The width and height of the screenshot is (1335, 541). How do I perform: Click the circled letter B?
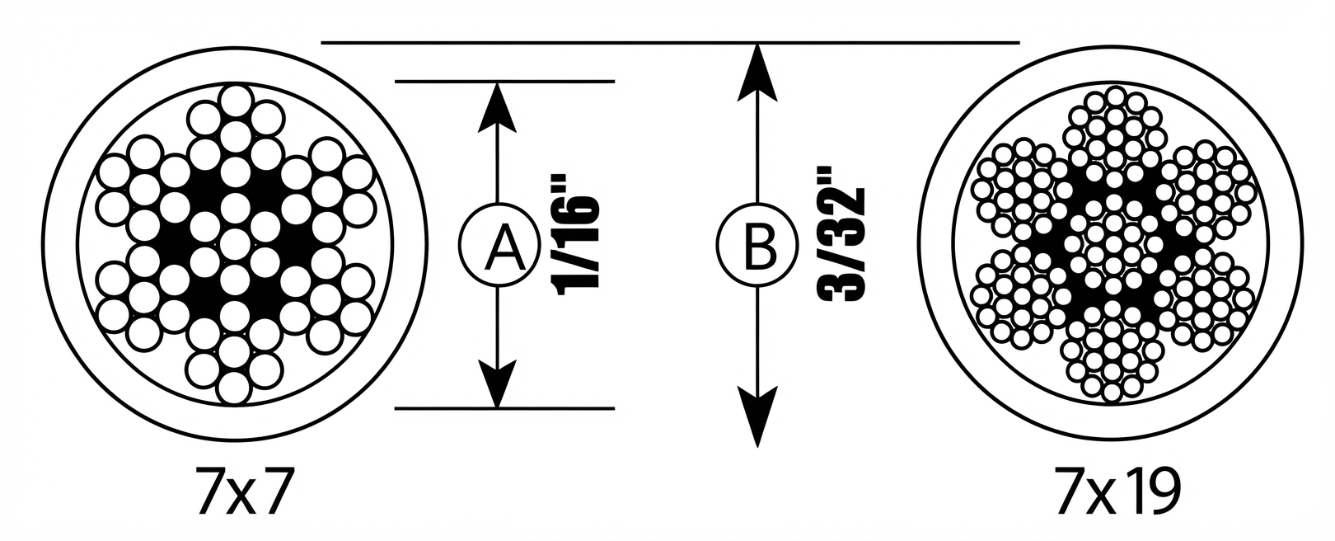point(756,244)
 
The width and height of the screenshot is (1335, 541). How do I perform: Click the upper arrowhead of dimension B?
point(756,72)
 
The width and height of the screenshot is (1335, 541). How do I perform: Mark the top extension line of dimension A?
point(504,81)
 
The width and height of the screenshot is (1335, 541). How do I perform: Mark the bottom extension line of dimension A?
point(504,408)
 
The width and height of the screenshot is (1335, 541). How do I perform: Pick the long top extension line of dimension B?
point(671,43)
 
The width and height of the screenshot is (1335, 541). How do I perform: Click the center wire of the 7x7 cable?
point(235,244)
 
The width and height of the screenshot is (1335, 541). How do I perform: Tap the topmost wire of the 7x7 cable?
point(235,101)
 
